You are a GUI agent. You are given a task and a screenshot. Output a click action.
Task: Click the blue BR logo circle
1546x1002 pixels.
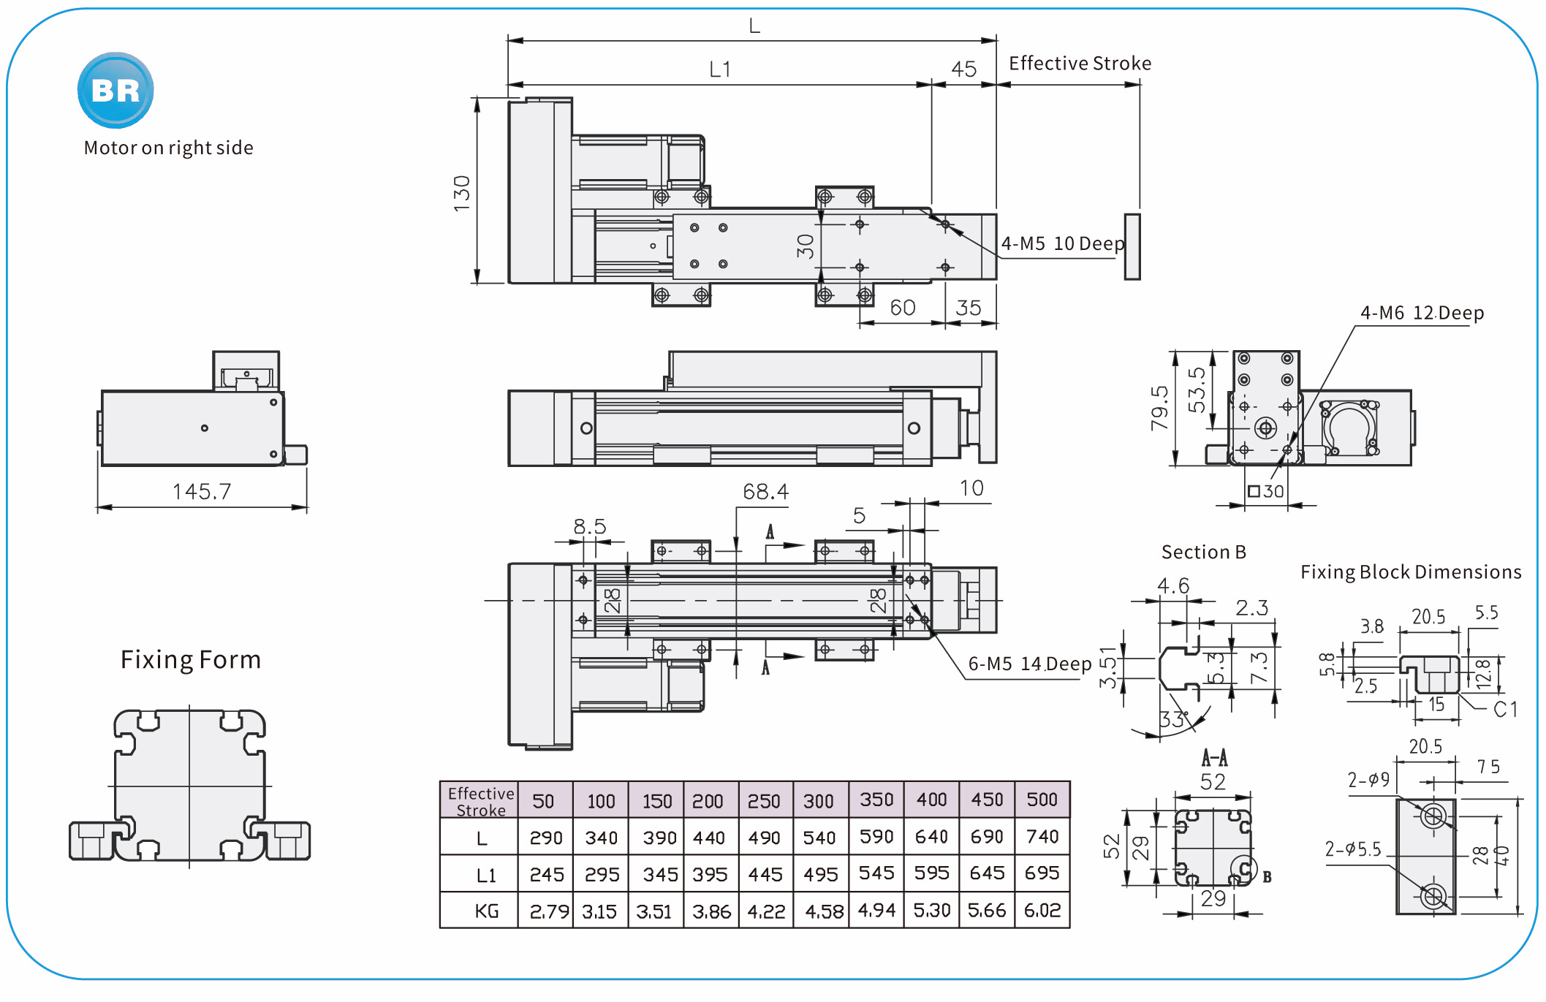pyautogui.click(x=115, y=90)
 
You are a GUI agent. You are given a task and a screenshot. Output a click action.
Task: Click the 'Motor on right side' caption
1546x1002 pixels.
pyautogui.click(x=168, y=148)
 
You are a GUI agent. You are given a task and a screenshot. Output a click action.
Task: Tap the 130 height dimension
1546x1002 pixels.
pyautogui.click(x=462, y=193)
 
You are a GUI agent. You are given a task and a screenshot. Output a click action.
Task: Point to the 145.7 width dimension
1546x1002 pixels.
pyautogui.click(x=202, y=492)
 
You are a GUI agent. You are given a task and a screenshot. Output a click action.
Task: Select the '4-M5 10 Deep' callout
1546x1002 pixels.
pyautogui.click(x=1062, y=243)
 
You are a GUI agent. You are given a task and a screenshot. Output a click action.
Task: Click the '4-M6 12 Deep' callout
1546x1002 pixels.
pyautogui.click(x=1422, y=313)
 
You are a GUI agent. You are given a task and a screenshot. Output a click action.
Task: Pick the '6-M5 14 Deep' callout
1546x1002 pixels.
pyautogui.click(x=1029, y=664)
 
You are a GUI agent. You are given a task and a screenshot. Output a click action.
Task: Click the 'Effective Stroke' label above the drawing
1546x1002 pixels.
pyautogui.click(x=1080, y=64)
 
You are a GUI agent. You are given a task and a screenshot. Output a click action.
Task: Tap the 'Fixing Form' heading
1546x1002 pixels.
pyautogui.click(x=191, y=659)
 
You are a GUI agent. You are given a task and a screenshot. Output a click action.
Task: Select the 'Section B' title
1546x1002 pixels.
pyautogui.click(x=1203, y=552)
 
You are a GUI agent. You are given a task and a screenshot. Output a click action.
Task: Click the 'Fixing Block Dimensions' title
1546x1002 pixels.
pyautogui.click(x=1411, y=572)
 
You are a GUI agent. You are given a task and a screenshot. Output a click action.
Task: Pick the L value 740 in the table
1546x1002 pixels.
pyautogui.click(x=1042, y=836)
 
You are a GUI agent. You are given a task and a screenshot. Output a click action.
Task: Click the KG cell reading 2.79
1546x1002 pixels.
pyautogui.click(x=545, y=911)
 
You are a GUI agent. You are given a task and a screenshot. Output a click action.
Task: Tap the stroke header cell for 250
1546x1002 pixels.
pyautogui.click(x=764, y=801)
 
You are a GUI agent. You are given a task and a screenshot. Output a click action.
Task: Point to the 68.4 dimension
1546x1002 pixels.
pyautogui.click(x=765, y=492)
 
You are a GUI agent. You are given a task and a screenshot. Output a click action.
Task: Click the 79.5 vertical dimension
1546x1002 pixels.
pyautogui.click(x=1159, y=408)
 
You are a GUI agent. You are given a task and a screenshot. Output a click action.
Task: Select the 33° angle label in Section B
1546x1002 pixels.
pyautogui.click(x=1173, y=719)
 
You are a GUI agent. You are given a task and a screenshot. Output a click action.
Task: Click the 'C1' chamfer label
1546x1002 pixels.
pyautogui.click(x=1505, y=709)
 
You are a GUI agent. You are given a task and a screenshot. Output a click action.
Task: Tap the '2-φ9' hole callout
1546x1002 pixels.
pyautogui.click(x=1368, y=780)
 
